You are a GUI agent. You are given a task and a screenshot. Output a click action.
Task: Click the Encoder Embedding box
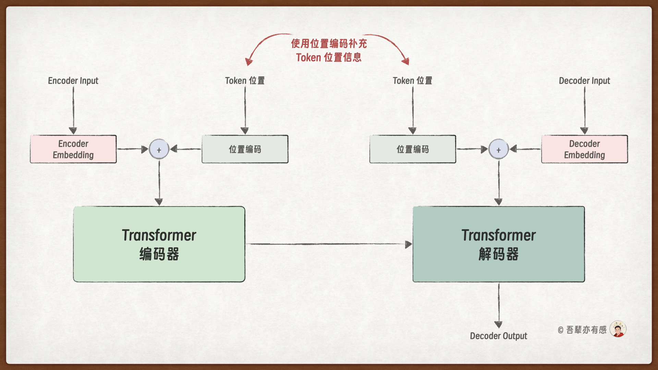(x=73, y=149)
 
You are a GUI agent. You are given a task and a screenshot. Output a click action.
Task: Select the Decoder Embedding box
(x=585, y=149)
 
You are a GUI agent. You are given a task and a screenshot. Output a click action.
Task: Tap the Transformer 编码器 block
(x=159, y=244)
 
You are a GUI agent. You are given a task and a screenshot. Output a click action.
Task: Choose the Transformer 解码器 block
(x=499, y=244)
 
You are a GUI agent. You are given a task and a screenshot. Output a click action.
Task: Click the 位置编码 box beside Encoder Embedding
(x=245, y=149)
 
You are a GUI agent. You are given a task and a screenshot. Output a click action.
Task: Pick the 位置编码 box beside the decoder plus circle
(x=413, y=149)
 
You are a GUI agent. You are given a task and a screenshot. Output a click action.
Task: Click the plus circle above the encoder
(x=159, y=149)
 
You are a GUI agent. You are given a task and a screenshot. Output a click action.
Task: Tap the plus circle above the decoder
(x=499, y=149)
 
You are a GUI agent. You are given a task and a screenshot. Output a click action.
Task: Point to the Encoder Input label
(x=73, y=81)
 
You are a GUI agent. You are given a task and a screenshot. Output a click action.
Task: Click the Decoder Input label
(x=584, y=81)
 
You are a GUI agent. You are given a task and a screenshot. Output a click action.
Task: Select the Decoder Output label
(x=499, y=336)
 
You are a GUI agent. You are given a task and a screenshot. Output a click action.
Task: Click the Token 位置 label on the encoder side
(x=245, y=81)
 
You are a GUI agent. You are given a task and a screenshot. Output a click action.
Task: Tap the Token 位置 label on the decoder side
(x=412, y=81)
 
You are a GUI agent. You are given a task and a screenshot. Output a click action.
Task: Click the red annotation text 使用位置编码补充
(x=329, y=44)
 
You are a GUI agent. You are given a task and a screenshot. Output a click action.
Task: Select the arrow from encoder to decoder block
(x=329, y=244)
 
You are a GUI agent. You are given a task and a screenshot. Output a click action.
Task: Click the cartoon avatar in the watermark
(x=618, y=329)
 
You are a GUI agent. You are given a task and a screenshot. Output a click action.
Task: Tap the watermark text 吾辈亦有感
(x=586, y=330)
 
